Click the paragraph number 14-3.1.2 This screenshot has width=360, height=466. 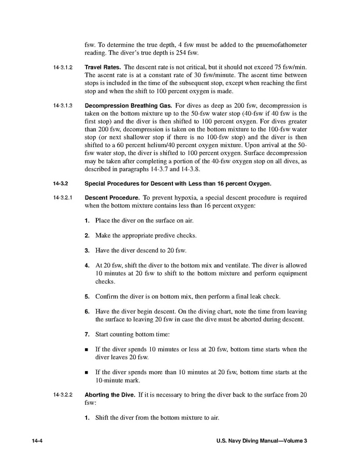coord(63,68)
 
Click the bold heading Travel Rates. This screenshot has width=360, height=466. coord(103,67)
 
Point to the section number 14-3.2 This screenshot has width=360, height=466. coord(60,183)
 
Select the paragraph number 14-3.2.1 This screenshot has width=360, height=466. coord(63,198)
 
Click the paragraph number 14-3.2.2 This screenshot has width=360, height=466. coord(63,395)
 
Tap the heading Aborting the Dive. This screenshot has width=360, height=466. coord(110,394)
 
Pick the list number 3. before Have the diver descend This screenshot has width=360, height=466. coord(87,250)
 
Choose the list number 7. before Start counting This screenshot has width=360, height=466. coord(87,334)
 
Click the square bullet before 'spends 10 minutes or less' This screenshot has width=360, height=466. coord(87,349)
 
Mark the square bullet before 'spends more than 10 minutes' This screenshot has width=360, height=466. coord(87,372)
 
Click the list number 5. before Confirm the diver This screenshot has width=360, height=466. coord(87,296)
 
